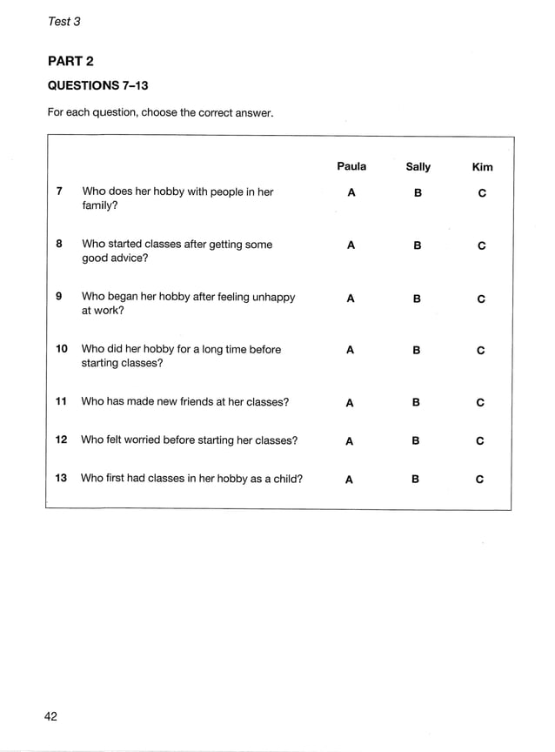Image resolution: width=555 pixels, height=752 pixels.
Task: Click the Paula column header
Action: (x=351, y=166)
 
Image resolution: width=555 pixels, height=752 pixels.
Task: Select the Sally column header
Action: (x=418, y=167)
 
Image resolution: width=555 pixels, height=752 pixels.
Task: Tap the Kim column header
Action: (x=482, y=167)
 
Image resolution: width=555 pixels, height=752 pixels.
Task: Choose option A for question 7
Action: (x=351, y=193)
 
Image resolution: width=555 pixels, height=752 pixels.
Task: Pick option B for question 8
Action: (x=418, y=245)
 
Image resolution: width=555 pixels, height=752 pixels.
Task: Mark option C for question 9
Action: (x=481, y=299)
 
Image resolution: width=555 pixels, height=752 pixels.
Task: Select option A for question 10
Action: (x=350, y=350)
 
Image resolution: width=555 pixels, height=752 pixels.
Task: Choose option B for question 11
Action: (x=416, y=402)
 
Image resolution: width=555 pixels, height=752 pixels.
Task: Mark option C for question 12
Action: (x=480, y=441)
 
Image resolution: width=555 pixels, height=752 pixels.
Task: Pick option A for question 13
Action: (x=349, y=479)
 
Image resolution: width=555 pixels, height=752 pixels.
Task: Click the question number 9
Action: (x=59, y=297)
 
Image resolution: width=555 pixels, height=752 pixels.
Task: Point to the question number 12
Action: (x=61, y=440)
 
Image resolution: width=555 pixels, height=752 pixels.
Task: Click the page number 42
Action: (x=51, y=716)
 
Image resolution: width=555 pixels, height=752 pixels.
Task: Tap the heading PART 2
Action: (x=70, y=61)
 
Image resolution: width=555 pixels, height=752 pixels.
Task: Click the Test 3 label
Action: (x=64, y=22)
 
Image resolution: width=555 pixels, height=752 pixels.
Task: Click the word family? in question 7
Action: (x=100, y=206)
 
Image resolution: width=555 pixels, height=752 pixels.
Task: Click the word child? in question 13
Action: (x=285, y=478)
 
